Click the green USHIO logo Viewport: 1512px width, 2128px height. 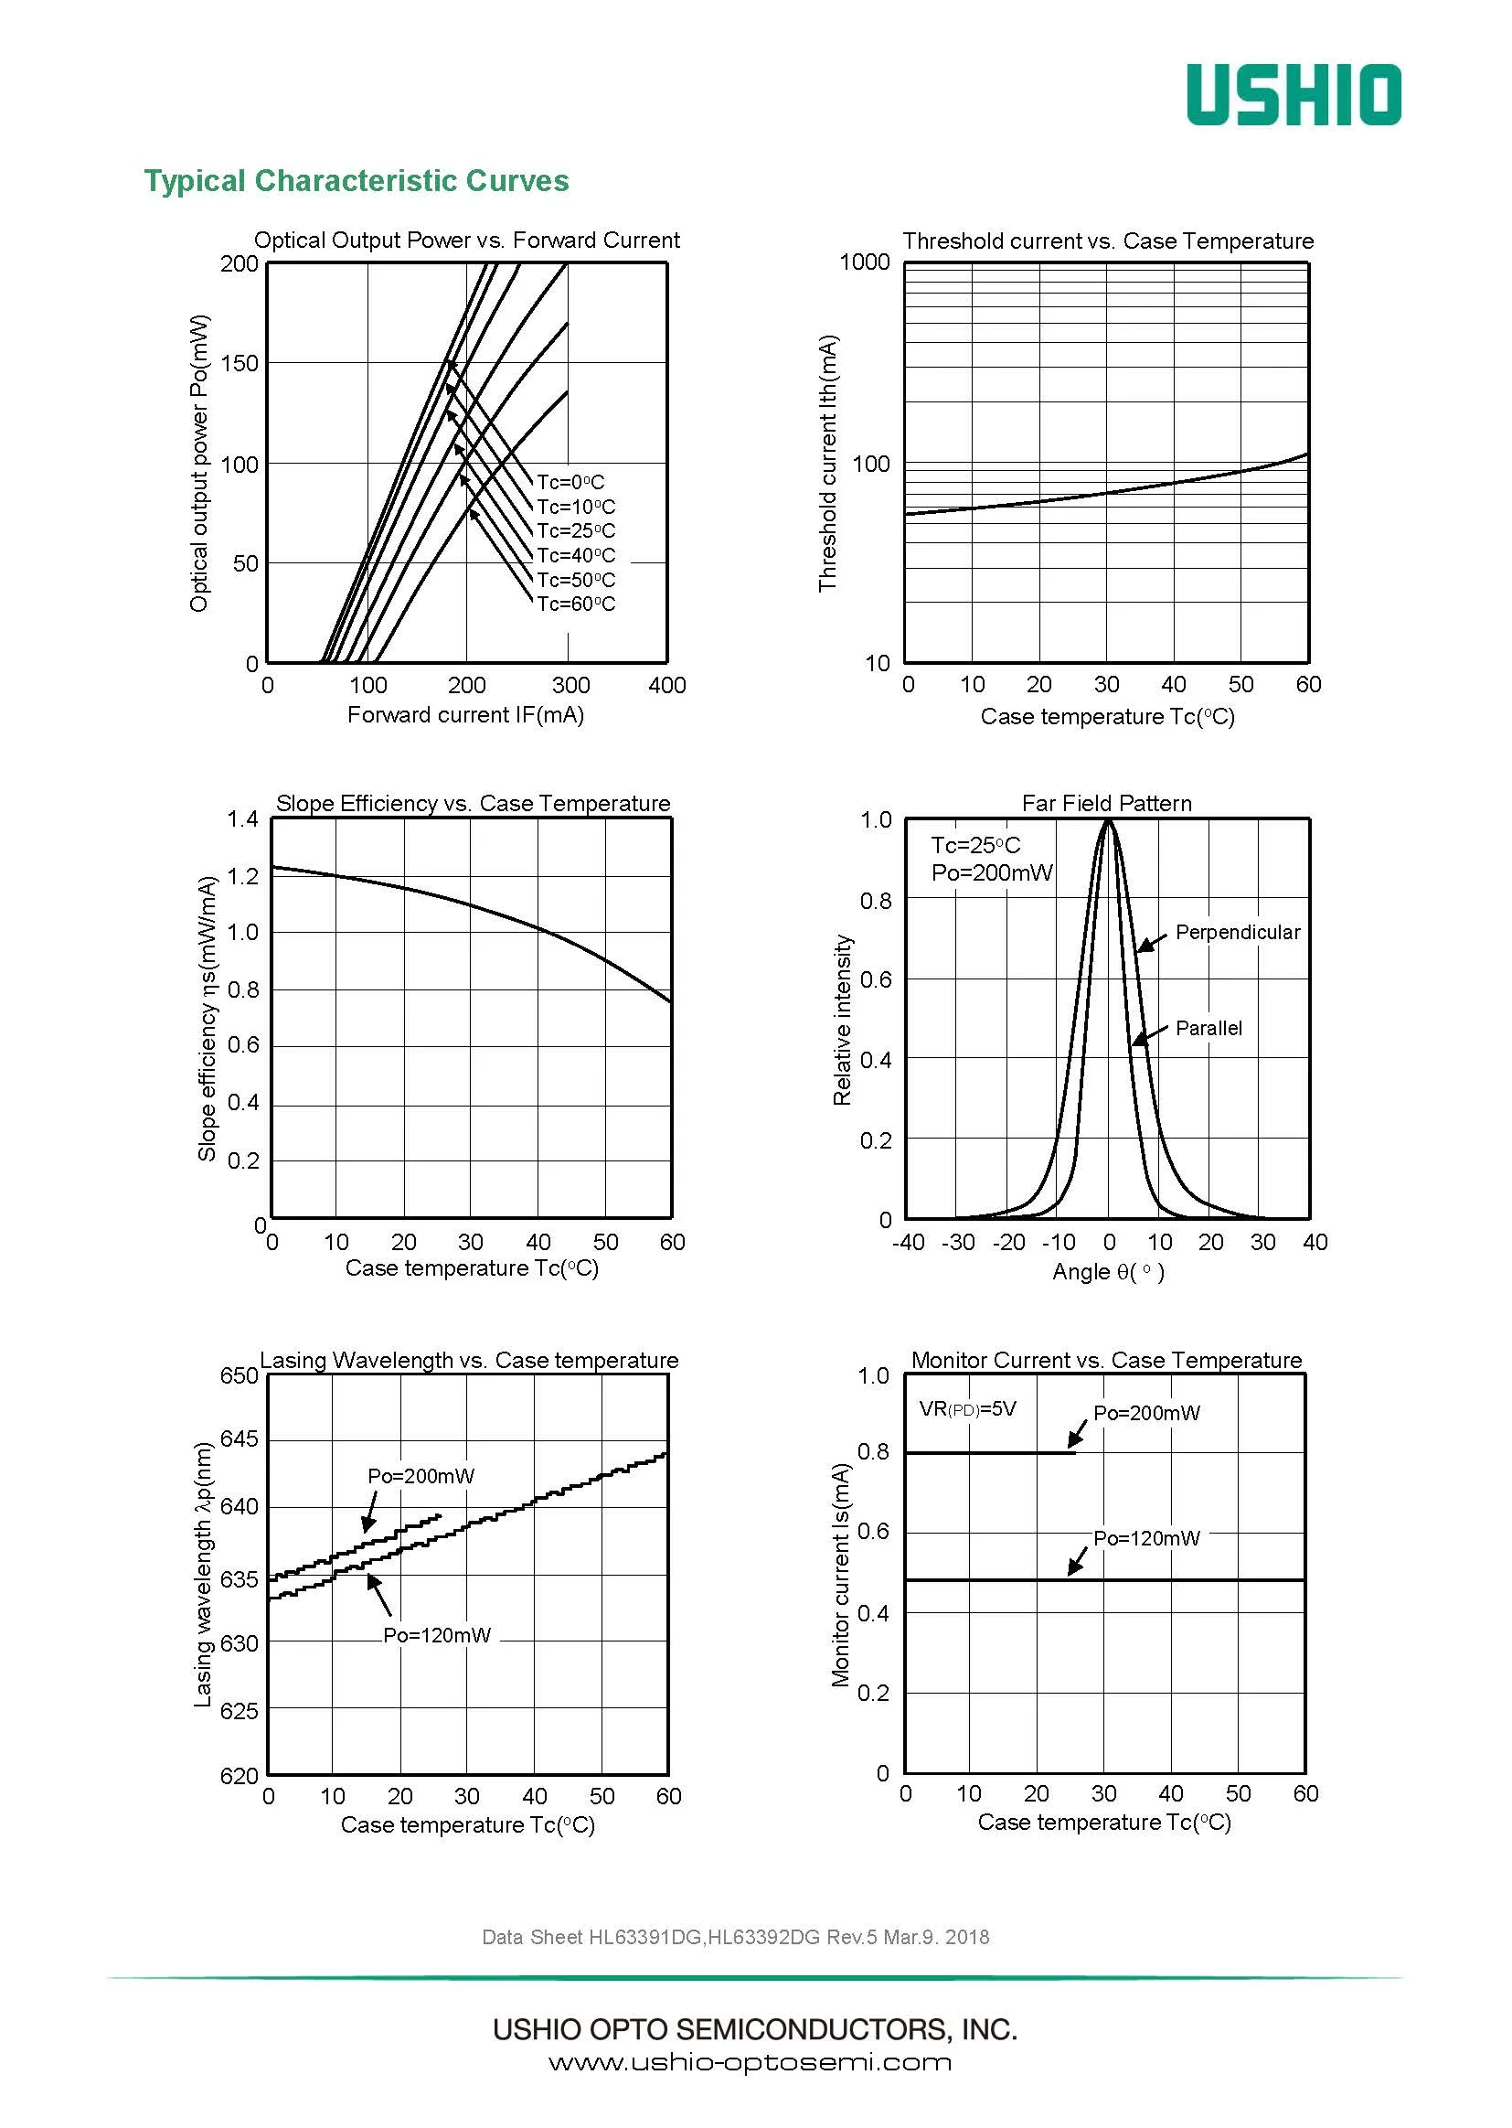(1294, 95)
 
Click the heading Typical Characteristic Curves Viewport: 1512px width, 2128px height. (356, 181)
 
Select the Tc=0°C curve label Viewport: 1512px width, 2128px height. (570, 483)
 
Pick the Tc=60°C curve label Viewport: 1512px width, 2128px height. (576, 604)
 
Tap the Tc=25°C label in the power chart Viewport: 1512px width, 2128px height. (576, 530)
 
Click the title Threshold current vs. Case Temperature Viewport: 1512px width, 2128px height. (1108, 241)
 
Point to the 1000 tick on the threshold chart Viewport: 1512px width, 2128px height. (865, 262)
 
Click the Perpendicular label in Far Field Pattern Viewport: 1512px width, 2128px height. (1237, 932)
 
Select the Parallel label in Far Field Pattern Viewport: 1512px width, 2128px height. (1209, 1028)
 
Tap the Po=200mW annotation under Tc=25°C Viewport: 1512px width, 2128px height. (992, 872)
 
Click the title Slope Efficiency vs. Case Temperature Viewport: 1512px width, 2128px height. (473, 803)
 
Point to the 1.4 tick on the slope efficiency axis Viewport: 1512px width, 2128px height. (242, 819)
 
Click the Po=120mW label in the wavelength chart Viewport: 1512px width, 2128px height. (437, 1635)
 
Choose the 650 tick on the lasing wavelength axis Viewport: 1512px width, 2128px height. (239, 1375)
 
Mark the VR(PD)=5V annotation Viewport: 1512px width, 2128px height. (967, 1408)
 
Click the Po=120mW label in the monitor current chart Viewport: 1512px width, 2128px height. (1146, 1538)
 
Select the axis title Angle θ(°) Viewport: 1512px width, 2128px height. (1108, 1271)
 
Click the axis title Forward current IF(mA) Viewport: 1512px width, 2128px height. (465, 714)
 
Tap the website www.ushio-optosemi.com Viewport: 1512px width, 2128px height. (750, 2062)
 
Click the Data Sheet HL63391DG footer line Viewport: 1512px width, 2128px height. (736, 1937)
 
